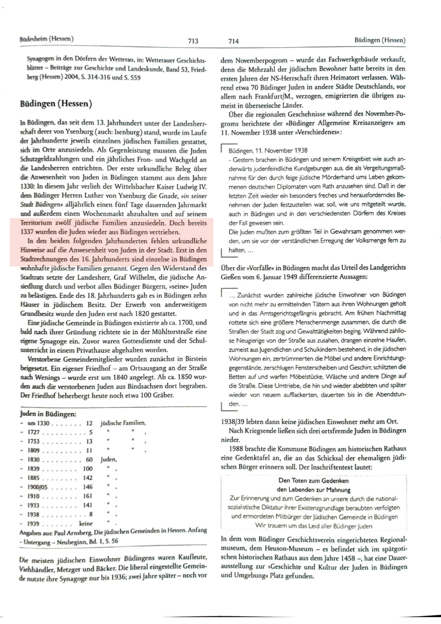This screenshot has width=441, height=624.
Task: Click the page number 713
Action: pos(193,41)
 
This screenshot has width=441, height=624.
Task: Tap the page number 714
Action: pos(233,41)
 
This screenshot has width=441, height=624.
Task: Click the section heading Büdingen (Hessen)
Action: pos(56,104)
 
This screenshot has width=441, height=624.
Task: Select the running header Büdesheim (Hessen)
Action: pos(46,39)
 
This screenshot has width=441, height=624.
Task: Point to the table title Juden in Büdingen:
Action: pos(48,414)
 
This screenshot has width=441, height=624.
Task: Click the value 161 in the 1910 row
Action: pos(88,496)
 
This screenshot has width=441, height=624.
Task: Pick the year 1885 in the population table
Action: pos(34,478)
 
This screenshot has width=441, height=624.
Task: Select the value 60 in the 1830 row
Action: pos(89,459)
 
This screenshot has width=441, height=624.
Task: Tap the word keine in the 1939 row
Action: pos(86,523)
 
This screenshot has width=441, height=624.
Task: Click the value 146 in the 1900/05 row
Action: pos(88,487)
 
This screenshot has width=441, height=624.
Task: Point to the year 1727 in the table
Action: pos(34,432)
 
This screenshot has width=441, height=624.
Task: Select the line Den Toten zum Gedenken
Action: pos(313,480)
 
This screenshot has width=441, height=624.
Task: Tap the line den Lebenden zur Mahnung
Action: pos(313,490)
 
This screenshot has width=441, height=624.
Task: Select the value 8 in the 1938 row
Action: pos(91,514)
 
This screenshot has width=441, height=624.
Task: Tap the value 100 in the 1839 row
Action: pos(88,468)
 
